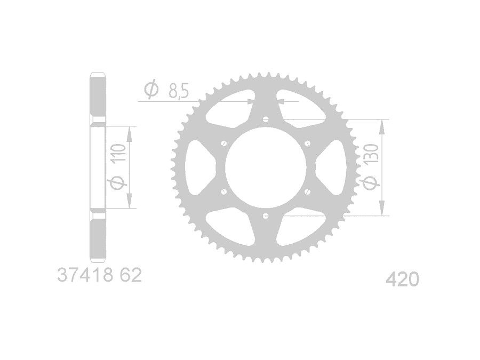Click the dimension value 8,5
click(x=178, y=91)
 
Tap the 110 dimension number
click(x=118, y=154)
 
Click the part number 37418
click(x=84, y=275)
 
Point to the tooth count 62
click(x=131, y=275)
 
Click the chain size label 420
click(x=402, y=279)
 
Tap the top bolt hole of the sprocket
click(x=266, y=119)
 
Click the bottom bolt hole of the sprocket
click(x=266, y=216)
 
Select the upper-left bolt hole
click(x=223, y=143)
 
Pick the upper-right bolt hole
click(x=307, y=143)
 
